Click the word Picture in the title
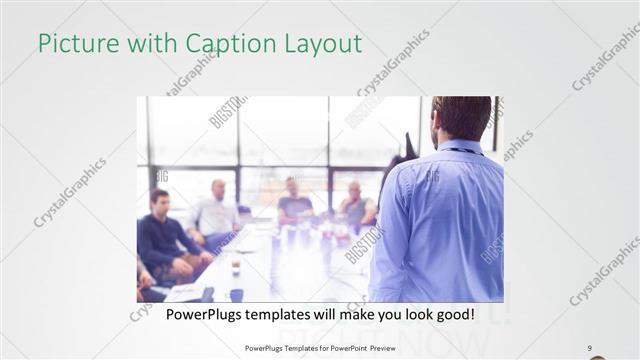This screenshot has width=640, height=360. point(75,44)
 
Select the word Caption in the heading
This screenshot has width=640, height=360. point(221,44)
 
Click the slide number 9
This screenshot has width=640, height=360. point(590,347)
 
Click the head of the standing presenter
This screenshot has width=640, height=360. point(461,118)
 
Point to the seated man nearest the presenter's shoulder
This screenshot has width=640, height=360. point(355,205)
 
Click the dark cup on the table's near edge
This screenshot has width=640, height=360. point(236,294)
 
